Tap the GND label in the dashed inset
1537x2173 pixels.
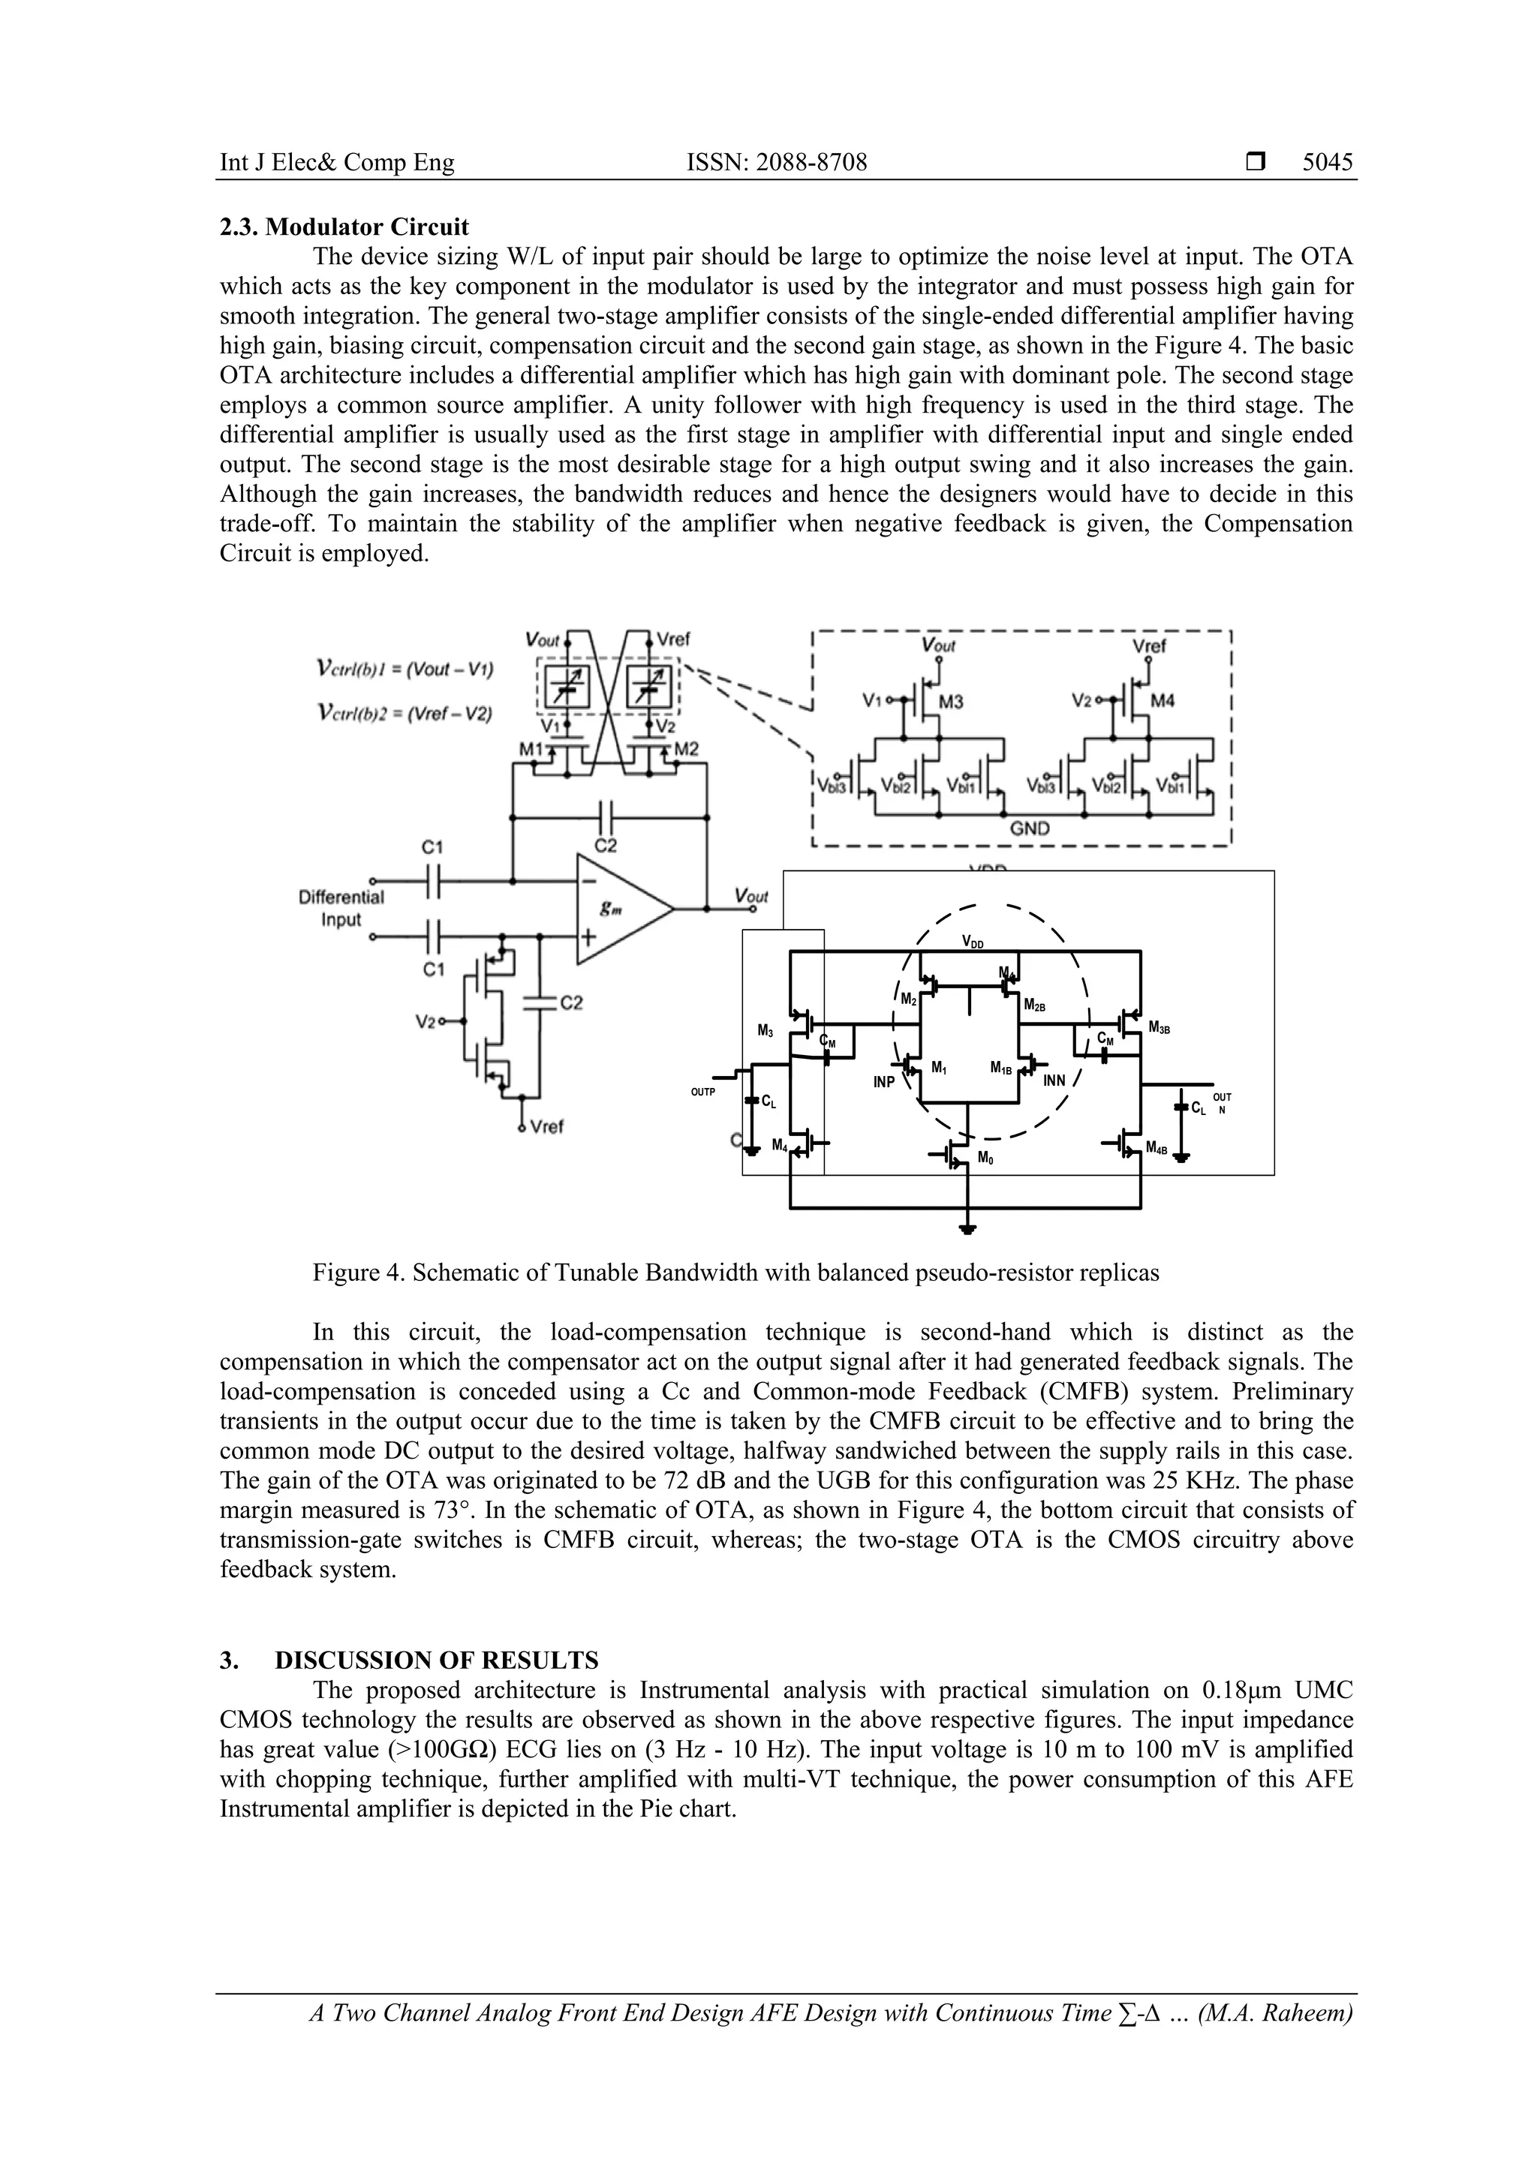(1030, 828)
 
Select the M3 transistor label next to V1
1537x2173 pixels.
(950, 702)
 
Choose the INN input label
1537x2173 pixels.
(1054, 1080)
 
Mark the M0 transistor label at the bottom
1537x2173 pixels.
(985, 1159)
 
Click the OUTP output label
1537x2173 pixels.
(703, 1091)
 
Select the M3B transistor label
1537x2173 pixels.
(1160, 1028)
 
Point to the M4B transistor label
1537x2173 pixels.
(1157, 1148)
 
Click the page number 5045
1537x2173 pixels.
(1327, 163)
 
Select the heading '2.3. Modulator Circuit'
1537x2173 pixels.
(344, 227)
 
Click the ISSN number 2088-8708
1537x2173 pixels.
(776, 163)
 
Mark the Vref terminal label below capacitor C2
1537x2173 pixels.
(547, 1126)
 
